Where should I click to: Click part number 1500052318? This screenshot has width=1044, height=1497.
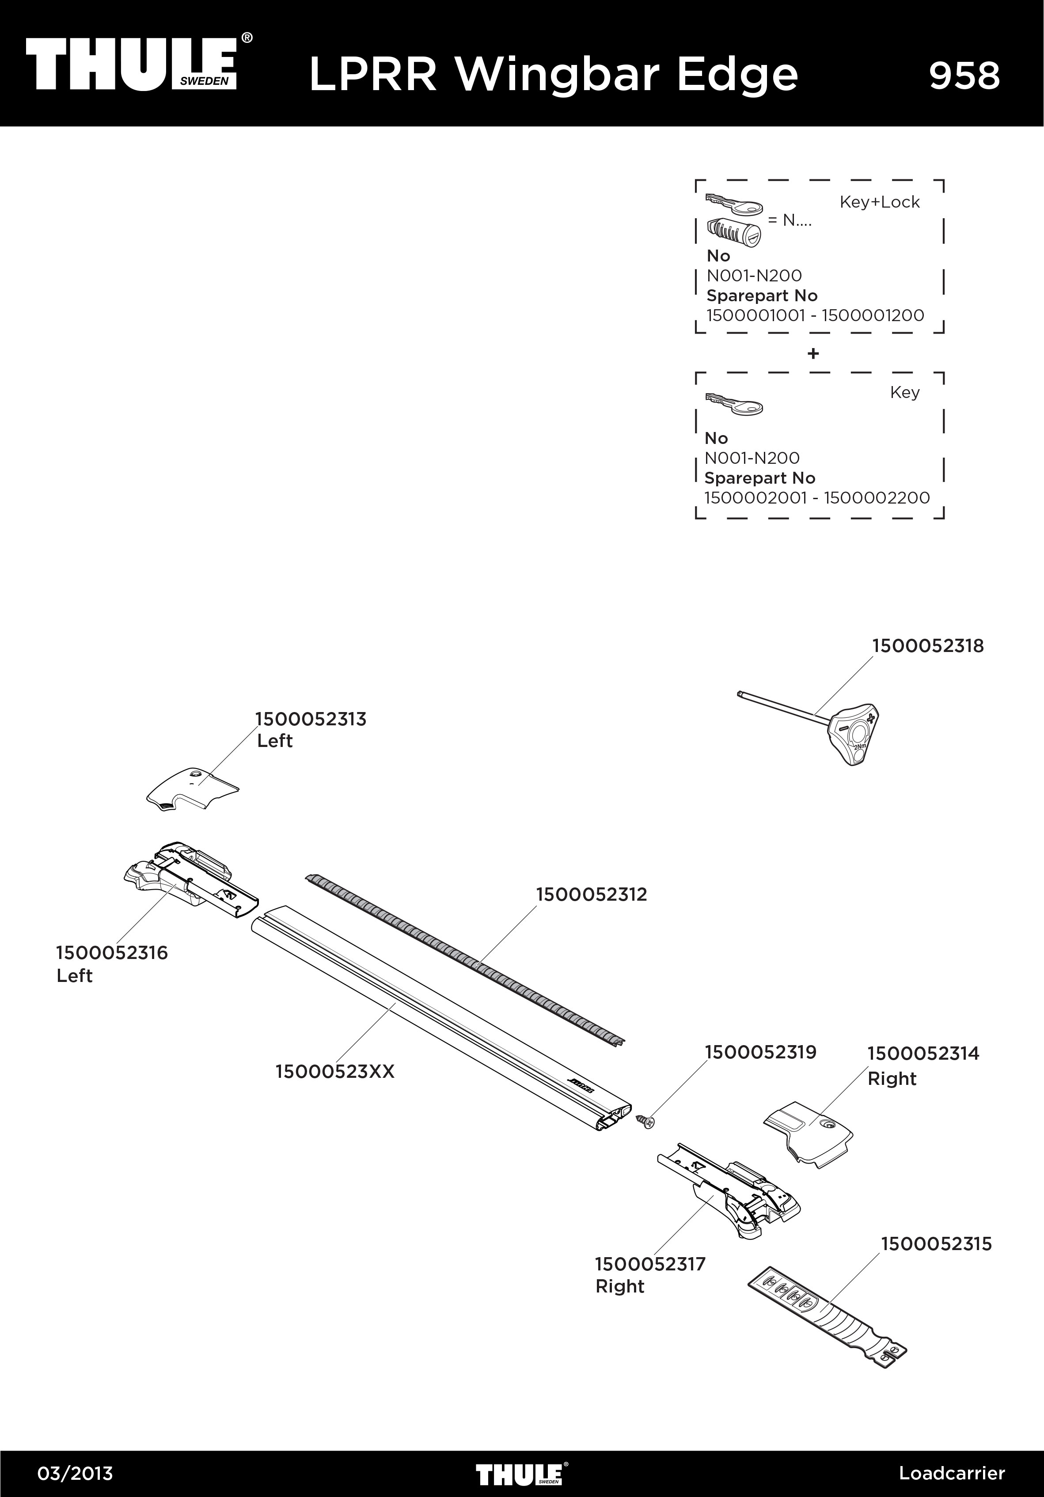[927, 646]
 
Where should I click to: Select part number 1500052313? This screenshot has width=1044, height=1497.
[311, 719]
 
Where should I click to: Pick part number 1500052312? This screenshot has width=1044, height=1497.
[592, 894]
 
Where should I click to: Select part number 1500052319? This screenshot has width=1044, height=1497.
[760, 1052]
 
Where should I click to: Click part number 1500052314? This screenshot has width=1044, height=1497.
[923, 1053]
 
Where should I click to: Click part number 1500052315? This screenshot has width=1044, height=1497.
[936, 1243]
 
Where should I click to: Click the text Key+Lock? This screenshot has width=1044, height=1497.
[879, 202]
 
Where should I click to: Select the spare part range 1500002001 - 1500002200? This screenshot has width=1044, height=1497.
[816, 497]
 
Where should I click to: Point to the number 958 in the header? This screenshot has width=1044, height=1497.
[964, 76]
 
